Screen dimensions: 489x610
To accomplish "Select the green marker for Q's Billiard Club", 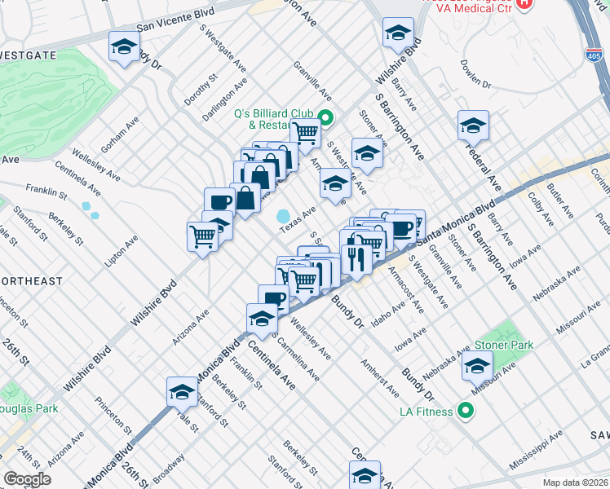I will (325, 118).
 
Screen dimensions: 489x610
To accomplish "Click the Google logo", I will (27, 478).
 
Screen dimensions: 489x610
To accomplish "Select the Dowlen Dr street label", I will (475, 73).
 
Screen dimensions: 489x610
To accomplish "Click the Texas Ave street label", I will (298, 219).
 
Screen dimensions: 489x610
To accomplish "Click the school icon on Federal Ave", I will (473, 125).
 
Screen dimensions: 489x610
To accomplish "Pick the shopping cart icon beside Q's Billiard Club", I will (305, 132).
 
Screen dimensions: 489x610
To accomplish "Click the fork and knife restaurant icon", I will (356, 258).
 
